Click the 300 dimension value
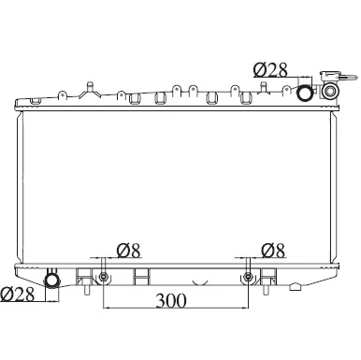pyautogui.click(x=171, y=301)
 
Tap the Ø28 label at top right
pyautogui.click(x=270, y=70)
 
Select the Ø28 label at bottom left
pyautogui.click(x=17, y=294)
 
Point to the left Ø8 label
pyautogui.click(x=129, y=251)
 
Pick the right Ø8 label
pyautogui.click(x=273, y=251)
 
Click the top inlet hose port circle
pyautogui.click(x=305, y=93)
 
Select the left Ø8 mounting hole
pyautogui.click(x=103, y=277)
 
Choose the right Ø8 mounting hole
pyautogui.click(x=248, y=277)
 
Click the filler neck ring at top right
pyautogui.click(x=330, y=91)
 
